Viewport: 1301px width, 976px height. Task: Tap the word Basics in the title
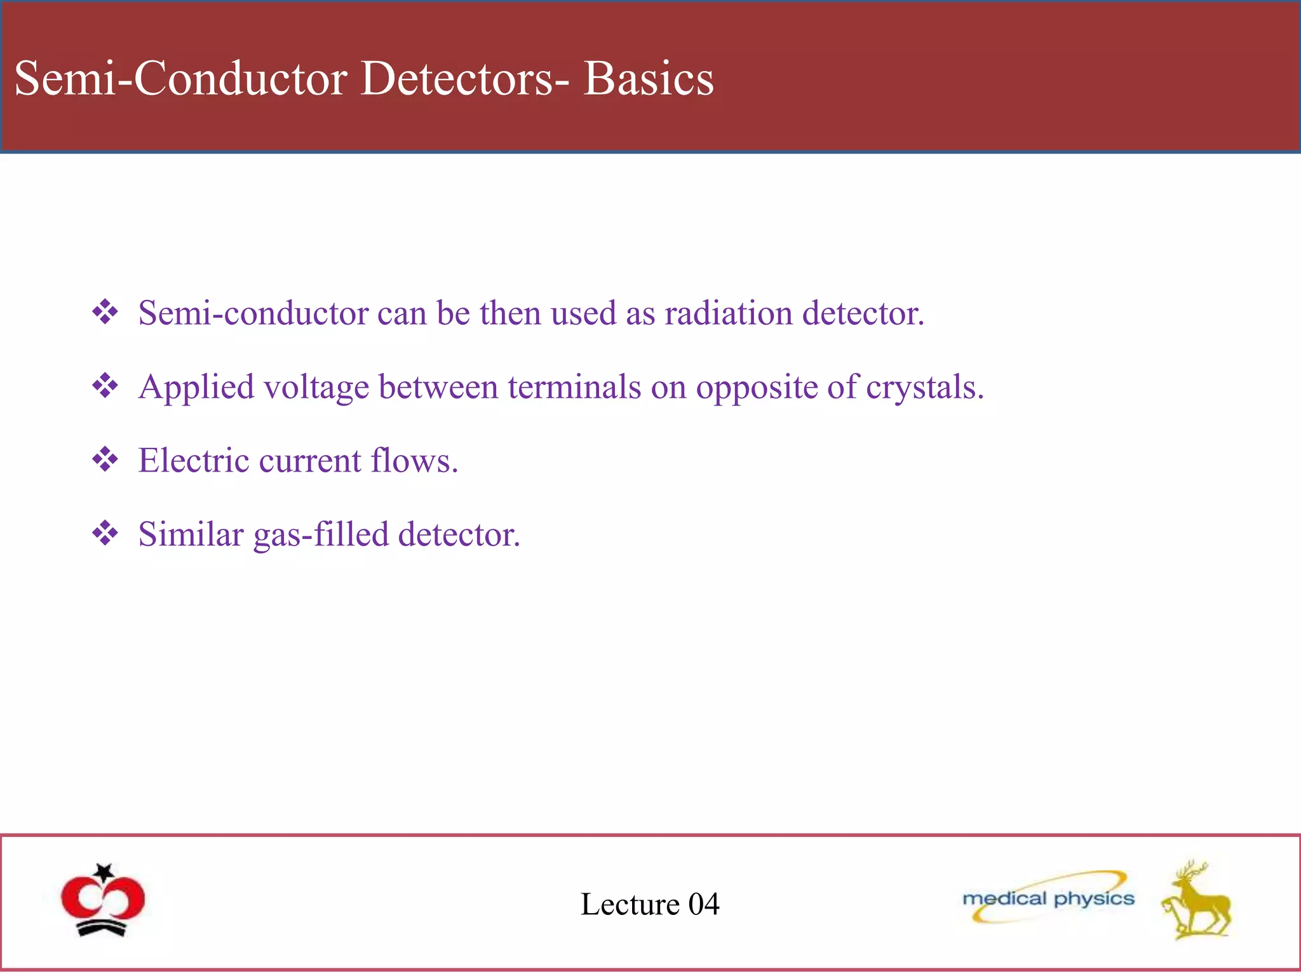(649, 79)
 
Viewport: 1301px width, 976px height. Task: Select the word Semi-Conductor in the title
(180, 79)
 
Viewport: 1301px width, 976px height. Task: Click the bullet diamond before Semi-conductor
(105, 312)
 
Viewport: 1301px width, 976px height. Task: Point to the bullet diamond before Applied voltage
(105, 386)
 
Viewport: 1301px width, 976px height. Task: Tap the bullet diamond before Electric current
(105, 459)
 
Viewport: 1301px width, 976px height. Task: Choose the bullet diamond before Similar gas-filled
(105, 533)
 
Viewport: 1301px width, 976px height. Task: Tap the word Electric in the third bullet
(194, 461)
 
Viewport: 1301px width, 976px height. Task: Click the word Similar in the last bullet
(191, 534)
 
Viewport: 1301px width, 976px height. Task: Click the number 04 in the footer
(704, 904)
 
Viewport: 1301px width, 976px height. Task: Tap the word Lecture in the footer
(630, 904)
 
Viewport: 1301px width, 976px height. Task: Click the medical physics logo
(1048, 898)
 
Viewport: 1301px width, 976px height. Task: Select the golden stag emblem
(1196, 901)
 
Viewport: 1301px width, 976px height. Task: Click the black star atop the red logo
(104, 871)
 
